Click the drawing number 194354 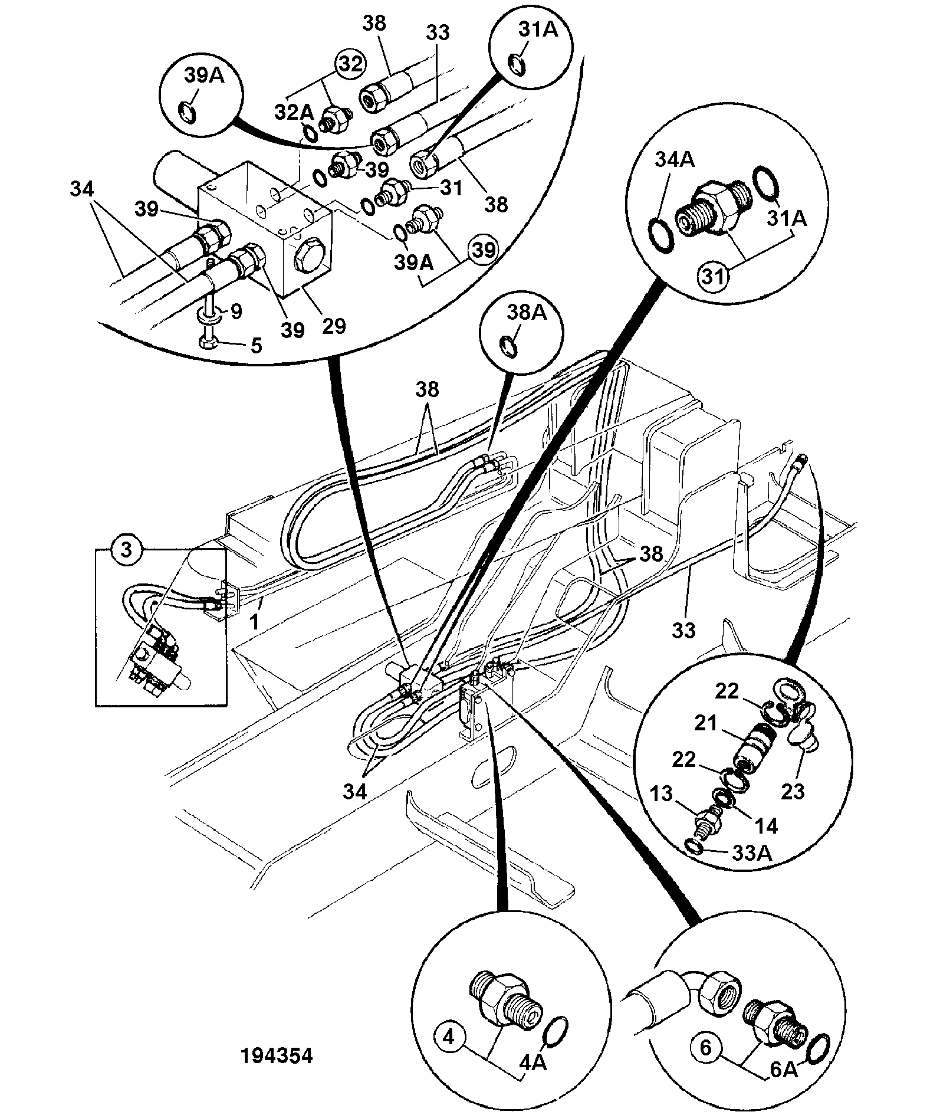277,1055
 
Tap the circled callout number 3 126,550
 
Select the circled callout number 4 450,1037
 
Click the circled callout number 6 706,1048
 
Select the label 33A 752,852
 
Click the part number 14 766,825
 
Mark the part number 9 236,311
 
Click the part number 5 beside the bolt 256,345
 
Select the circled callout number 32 350,64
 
